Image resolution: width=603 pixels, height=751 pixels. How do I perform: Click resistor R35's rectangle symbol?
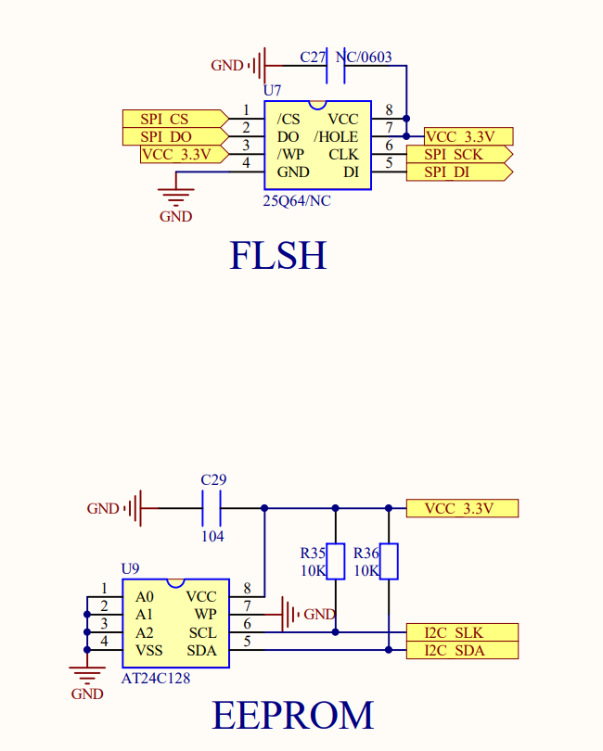336,561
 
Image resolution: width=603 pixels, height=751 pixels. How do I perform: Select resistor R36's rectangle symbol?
390,561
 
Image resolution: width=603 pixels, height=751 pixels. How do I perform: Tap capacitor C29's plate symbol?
212,508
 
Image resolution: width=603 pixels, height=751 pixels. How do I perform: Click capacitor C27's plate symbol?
337,65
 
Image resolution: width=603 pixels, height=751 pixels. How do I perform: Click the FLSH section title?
278,256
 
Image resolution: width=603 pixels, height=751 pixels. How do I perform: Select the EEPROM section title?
293,715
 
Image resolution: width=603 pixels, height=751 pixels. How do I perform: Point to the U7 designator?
272,91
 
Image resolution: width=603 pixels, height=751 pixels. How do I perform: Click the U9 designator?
131,568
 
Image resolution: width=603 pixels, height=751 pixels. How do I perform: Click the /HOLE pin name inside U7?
336,136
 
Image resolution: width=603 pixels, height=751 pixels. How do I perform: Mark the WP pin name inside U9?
205,614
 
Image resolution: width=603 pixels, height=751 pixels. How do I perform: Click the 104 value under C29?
212,536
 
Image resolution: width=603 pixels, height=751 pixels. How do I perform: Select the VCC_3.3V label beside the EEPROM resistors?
461,508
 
